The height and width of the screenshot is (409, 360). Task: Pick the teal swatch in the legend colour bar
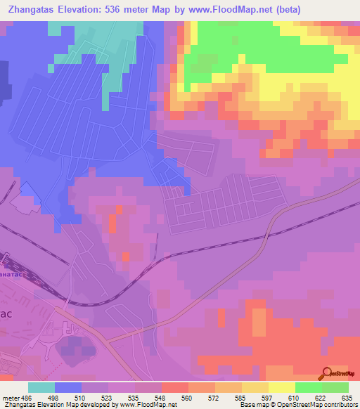(x=41, y=387)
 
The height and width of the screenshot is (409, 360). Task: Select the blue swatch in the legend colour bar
(x=67, y=387)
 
